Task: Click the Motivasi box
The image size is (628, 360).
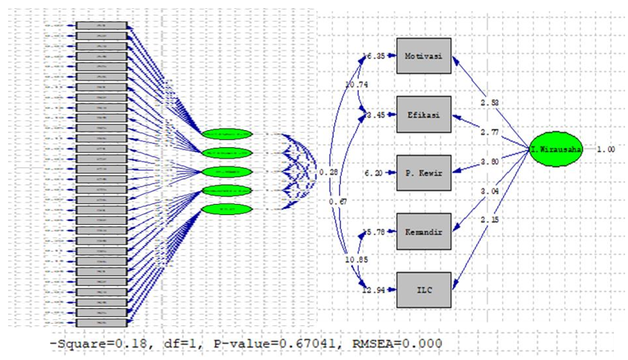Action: (x=423, y=55)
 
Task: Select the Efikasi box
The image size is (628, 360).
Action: (x=423, y=115)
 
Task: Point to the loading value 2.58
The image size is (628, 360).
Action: (x=489, y=101)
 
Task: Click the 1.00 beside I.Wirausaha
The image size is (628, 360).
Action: (x=605, y=149)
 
